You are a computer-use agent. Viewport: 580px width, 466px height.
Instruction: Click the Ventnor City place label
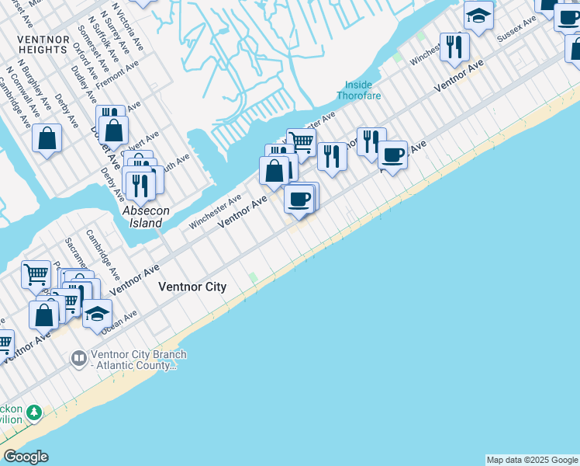(192, 287)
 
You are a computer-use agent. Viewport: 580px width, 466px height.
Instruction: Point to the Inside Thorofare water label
(354, 90)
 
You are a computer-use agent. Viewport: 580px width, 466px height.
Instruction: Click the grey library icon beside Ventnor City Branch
(78, 358)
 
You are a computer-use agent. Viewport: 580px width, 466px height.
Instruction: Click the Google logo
(26, 457)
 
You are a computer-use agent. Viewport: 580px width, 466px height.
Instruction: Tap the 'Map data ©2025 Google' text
(532, 460)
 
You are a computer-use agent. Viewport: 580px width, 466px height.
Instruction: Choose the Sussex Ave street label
(516, 29)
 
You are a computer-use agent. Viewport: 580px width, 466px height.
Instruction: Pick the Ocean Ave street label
(119, 321)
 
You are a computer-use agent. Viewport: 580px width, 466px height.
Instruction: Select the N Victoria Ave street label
(127, 20)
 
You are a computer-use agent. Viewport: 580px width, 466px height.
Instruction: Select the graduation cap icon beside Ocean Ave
(97, 313)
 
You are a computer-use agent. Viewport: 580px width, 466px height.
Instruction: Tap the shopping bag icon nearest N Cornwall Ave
(47, 138)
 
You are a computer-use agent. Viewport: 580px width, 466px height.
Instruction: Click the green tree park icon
(33, 412)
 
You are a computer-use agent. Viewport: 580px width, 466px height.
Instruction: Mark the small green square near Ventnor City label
(253, 278)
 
